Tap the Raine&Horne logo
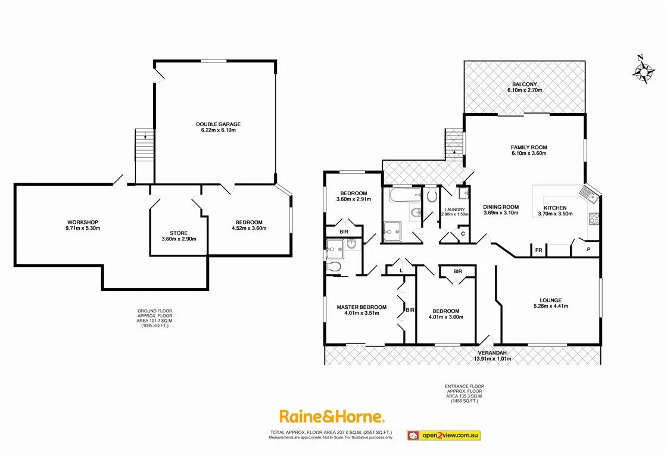(332, 417)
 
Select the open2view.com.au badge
(444, 436)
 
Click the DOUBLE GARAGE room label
(219, 124)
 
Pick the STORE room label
(179, 233)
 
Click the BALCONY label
(524, 84)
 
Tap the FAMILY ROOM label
(529, 148)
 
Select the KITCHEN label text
(555, 207)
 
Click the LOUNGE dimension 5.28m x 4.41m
(551, 306)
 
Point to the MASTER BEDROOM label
(361, 307)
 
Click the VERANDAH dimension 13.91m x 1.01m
(493, 358)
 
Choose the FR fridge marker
(538, 251)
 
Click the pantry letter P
(588, 250)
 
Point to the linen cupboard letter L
(401, 270)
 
